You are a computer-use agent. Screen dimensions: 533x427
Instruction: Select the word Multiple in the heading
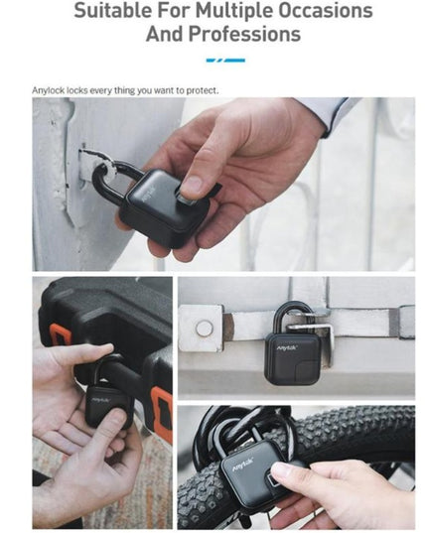pyautogui.click(x=230, y=11)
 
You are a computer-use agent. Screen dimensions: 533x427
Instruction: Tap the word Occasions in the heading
pyautogui.click(x=322, y=11)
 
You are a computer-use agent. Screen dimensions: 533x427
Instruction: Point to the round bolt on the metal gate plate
pyautogui.click(x=203, y=329)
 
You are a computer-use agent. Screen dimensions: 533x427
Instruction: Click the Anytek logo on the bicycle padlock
pyautogui.click(x=242, y=463)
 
